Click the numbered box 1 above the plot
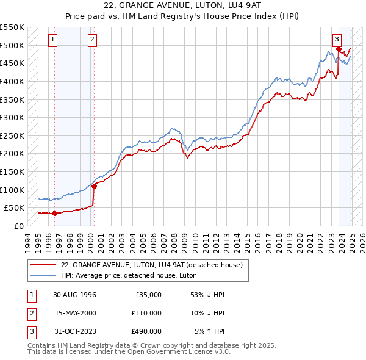click(53, 40)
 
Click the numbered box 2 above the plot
click(92, 40)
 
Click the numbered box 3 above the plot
click(337, 40)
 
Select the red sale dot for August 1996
click(54, 213)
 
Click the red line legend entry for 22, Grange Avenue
click(152, 265)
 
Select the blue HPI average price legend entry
click(126, 275)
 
